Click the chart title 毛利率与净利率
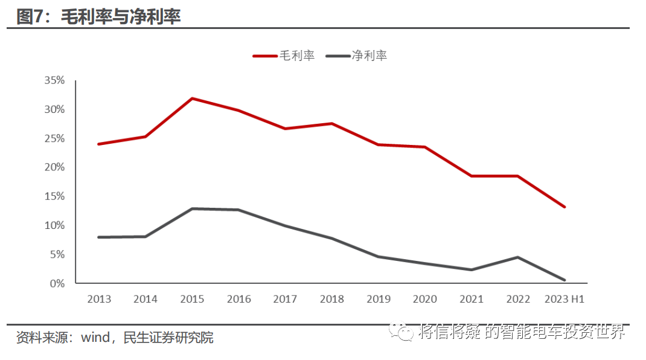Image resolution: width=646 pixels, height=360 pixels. (121, 17)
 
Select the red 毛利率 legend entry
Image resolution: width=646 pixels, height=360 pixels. (284, 56)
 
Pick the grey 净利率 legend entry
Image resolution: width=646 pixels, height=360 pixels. (356, 56)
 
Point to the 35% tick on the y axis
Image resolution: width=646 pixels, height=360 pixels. (54, 80)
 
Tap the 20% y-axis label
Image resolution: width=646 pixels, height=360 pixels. (54, 167)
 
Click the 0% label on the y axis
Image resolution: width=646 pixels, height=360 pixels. (57, 283)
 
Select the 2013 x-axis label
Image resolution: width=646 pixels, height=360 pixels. (99, 299)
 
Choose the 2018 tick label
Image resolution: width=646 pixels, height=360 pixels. (331, 299)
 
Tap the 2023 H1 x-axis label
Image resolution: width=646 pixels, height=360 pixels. (564, 299)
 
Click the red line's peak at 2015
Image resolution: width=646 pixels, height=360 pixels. (192, 98)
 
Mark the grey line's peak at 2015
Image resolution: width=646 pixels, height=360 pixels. (192, 209)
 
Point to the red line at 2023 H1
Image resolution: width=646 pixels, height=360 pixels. (564, 207)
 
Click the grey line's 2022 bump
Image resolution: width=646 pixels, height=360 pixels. (518, 257)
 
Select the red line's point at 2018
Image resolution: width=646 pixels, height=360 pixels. (331, 124)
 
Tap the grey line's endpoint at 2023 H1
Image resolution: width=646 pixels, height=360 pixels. (564, 280)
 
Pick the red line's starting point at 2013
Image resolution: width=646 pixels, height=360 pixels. (99, 144)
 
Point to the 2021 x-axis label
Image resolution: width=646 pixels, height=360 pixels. (472, 299)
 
